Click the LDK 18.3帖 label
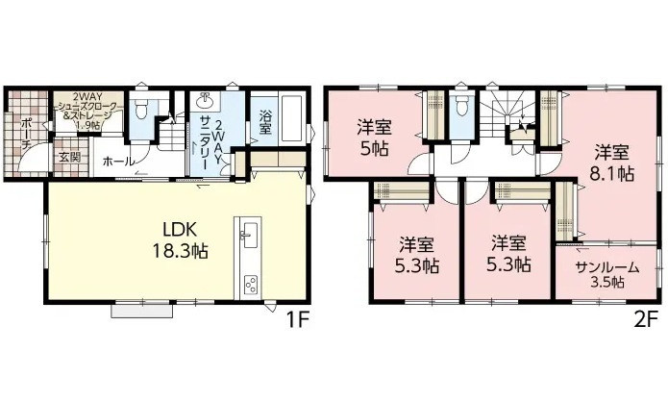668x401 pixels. pyautogui.click(x=180, y=240)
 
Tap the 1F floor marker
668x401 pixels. pyautogui.click(x=296, y=320)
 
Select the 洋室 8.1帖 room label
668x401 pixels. pyautogui.click(x=611, y=163)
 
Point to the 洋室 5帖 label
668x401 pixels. pyautogui.click(x=375, y=138)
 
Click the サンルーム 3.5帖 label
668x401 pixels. pyautogui.click(x=607, y=275)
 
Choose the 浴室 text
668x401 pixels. pyautogui.click(x=265, y=123)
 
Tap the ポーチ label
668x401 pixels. pyautogui.click(x=26, y=132)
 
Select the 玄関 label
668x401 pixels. pyautogui.click(x=69, y=158)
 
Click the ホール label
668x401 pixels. pyautogui.click(x=118, y=162)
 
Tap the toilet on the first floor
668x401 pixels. pyautogui.click(x=139, y=108)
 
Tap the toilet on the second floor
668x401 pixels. pyautogui.click(x=461, y=107)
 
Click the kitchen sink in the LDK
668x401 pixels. pyautogui.click(x=249, y=235)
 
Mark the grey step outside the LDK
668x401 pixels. pyautogui.click(x=142, y=311)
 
